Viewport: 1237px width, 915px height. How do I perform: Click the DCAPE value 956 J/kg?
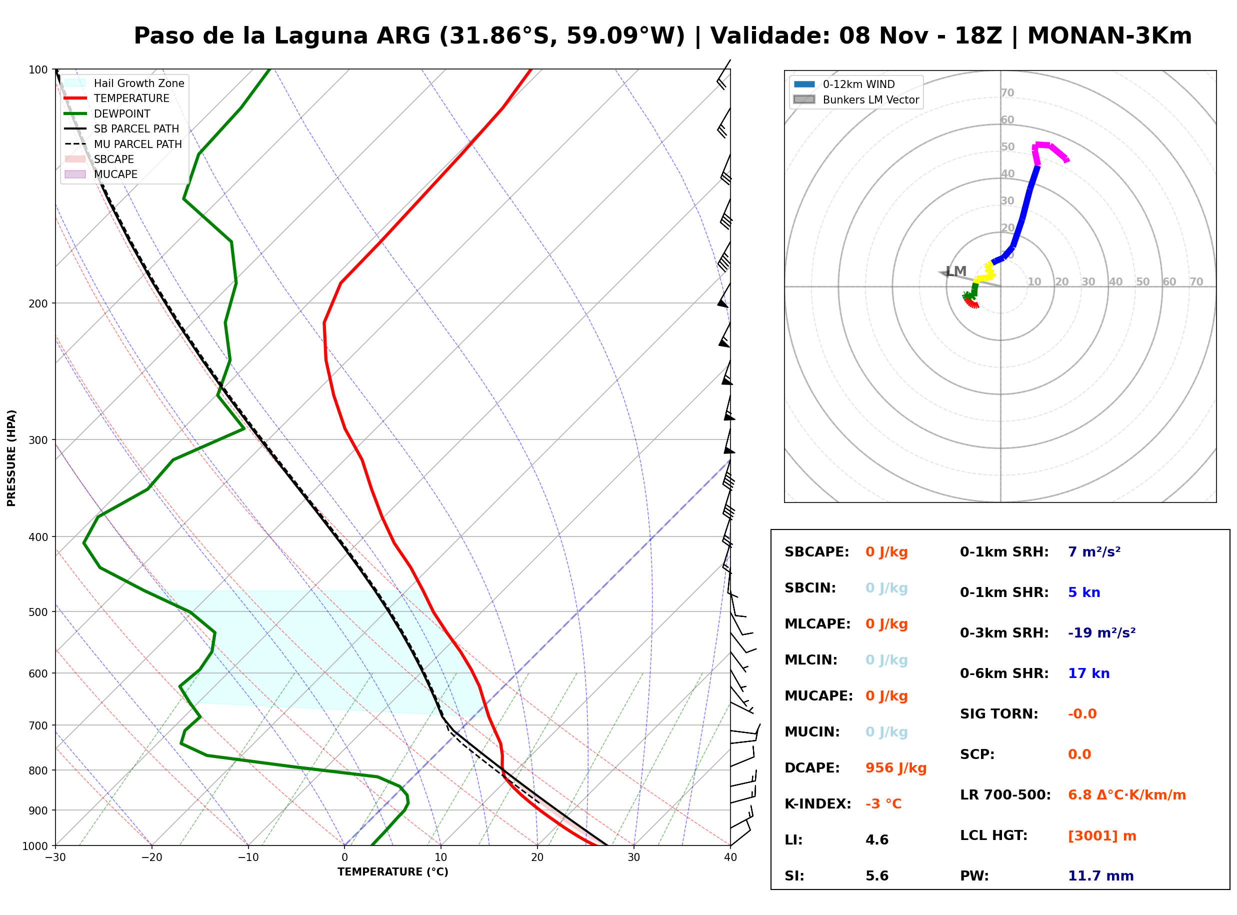[x=895, y=768]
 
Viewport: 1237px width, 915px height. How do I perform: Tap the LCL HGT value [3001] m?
[x=1102, y=836]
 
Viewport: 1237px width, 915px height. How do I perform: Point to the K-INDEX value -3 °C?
[x=883, y=804]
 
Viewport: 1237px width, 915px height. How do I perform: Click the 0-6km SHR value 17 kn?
[x=1088, y=674]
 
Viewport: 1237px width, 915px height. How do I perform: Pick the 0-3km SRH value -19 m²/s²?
[x=1101, y=633]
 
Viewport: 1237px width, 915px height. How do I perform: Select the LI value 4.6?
[x=876, y=840]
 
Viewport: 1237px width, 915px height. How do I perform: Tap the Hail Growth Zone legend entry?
[x=124, y=83]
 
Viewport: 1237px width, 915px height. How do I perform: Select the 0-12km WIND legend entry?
[x=844, y=84]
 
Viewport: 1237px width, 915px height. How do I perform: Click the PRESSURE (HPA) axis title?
[x=11, y=458]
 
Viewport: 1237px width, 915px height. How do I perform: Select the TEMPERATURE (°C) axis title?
[x=392, y=872]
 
